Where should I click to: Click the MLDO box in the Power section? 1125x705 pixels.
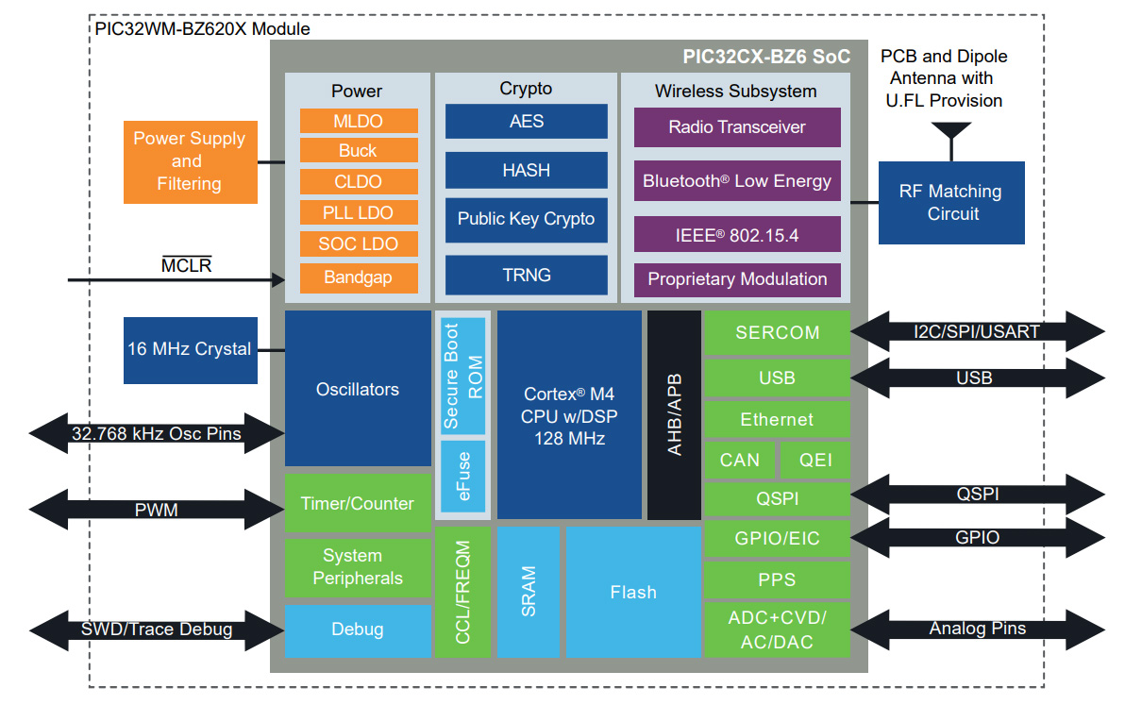(x=359, y=121)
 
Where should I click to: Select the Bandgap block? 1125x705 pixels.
(x=359, y=277)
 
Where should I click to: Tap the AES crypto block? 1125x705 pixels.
(x=526, y=122)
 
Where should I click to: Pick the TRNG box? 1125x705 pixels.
(x=526, y=275)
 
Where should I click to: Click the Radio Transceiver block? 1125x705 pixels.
(x=736, y=127)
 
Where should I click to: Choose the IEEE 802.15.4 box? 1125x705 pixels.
(x=736, y=235)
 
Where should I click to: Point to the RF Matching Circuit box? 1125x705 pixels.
(x=950, y=203)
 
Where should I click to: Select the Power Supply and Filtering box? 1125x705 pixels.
(x=190, y=161)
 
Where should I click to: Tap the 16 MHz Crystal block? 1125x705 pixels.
(x=190, y=349)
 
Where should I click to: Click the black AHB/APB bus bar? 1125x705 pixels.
(x=674, y=415)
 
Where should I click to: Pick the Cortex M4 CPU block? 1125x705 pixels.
(x=569, y=415)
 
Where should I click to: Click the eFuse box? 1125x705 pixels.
(x=462, y=476)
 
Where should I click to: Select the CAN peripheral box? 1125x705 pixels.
(x=739, y=460)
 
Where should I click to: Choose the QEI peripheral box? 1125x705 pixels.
(x=814, y=460)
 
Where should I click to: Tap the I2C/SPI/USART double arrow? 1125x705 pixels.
(x=977, y=331)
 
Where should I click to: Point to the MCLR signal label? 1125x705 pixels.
(x=186, y=265)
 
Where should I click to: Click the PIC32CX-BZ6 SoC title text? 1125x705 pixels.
(x=765, y=57)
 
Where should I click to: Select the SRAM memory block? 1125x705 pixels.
(x=528, y=592)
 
